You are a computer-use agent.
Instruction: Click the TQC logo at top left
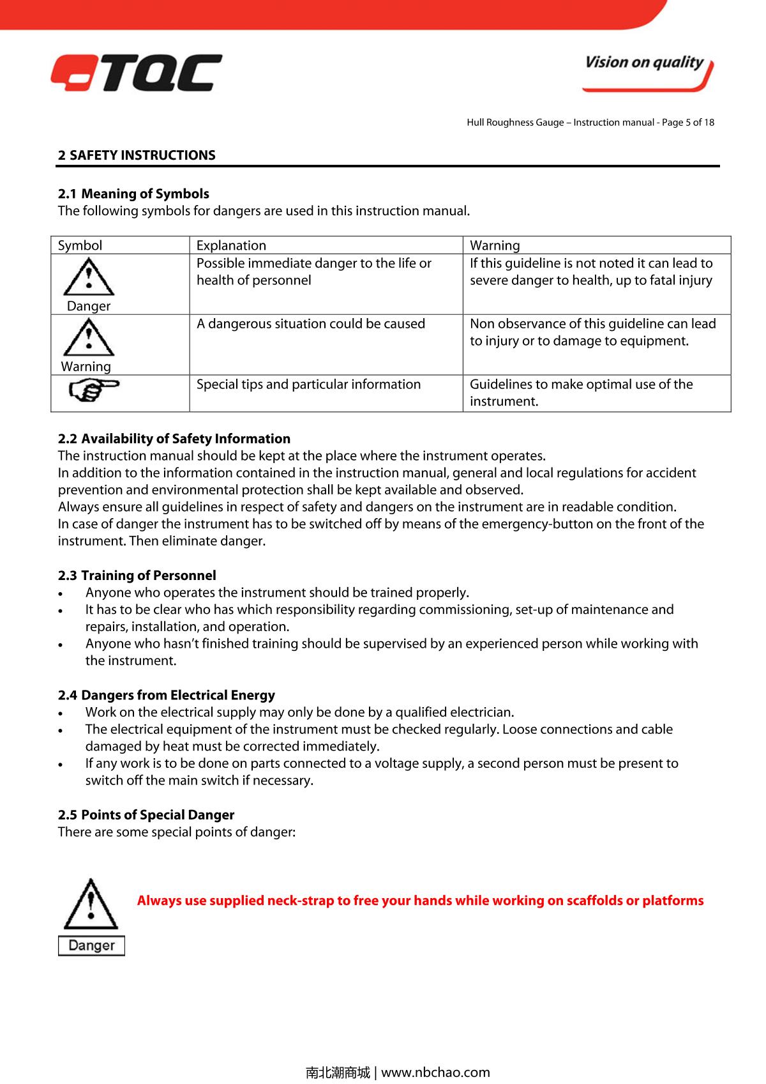[x=137, y=73]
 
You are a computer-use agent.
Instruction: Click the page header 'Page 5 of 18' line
[x=590, y=122]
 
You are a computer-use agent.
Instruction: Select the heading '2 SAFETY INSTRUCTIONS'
[x=137, y=155]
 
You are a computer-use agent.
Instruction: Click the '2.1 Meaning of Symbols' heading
[x=133, y=194]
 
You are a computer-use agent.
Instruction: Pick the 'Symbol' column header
[x=80, y=245]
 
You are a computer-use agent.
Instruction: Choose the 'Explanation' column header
[x=231, y=245]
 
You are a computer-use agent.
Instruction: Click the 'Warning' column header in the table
[x=495, y=245]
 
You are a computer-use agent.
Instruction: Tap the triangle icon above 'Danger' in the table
[x=89, y=277]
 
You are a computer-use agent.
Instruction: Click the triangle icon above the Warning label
[x=88, y=337]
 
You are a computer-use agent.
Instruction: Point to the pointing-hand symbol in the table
[x=93, y=389]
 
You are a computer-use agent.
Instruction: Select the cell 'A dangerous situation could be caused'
[x=311, y=324]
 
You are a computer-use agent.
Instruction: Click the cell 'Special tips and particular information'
[x=308, y=385]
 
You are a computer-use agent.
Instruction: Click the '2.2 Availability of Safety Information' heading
[x=174, y=439]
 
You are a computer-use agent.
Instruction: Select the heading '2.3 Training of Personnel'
[x=137, y=576]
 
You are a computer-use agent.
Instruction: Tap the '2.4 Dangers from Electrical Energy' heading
[x=166, y=695]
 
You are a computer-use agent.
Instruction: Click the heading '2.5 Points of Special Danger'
[x=146, y=815]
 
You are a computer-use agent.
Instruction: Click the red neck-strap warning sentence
[x=420, y=901]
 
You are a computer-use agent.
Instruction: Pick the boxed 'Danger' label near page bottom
[x=91, y=945]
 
